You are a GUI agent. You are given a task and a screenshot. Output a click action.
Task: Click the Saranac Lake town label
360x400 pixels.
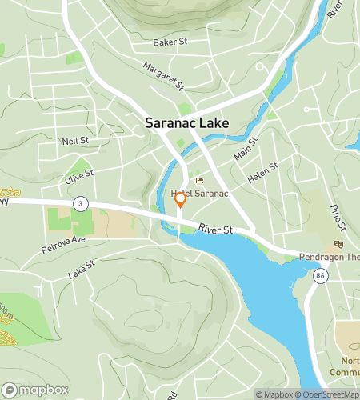tap(186, 123)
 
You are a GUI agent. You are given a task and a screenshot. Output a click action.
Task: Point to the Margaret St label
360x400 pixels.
tap(164, 75)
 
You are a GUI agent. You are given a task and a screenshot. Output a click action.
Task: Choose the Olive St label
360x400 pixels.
tap(79, 173)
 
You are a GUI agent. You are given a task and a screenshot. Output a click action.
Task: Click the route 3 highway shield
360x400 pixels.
tap(79, 204)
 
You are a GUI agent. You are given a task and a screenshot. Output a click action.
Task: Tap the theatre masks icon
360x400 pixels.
tap(338, 244)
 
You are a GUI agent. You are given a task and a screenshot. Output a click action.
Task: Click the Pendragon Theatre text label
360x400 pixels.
tap(330, 258)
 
